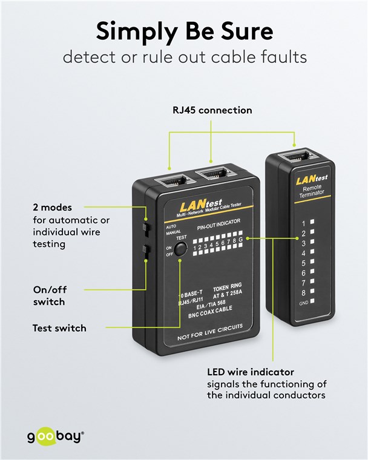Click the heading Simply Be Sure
click(x=184, y=30)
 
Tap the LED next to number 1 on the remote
click(x=312, y=223)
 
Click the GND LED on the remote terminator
click(x=312, y=301)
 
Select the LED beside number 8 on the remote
click(x=312, y=292)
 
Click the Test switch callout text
click(x=59, y=328)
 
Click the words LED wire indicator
click(x=251, y=372)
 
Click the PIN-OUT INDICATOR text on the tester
click(x=219, y=228)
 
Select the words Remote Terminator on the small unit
click(x=312, y=192)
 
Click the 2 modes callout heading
click(x=52, y=208)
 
